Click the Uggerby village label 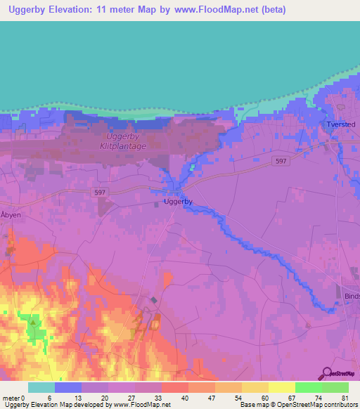tap(178, 202)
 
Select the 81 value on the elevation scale tap(345, 397)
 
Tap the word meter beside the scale tap(12, 397)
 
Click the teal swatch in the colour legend tap(41, 387)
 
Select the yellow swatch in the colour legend tap(281, 387)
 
